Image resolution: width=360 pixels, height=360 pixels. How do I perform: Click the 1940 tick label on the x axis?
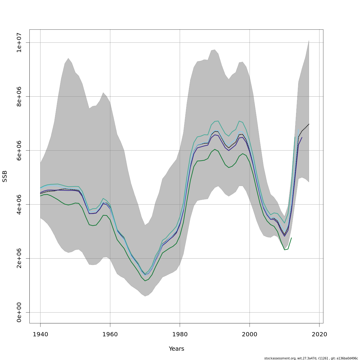[40, 334]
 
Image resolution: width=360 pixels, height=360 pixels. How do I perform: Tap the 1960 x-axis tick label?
[110, 334]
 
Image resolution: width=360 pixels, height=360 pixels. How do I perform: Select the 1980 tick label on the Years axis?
[180, 334]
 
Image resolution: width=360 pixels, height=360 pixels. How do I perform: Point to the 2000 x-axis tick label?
[250, 334]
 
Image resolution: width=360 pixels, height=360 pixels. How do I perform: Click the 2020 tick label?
[319, 334]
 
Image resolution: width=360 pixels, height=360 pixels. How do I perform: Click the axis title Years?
[176, 349]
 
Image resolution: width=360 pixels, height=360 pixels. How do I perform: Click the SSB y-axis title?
[5, 176]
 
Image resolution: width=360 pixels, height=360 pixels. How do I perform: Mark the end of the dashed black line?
[309, 124]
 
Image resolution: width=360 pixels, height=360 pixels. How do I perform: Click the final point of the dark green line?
[291, 238]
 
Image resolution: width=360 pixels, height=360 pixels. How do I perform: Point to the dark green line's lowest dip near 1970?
[145, 281]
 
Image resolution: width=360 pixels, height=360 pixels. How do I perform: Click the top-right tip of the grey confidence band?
[309, 40]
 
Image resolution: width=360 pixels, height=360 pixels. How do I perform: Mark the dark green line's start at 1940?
[40, 196]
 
